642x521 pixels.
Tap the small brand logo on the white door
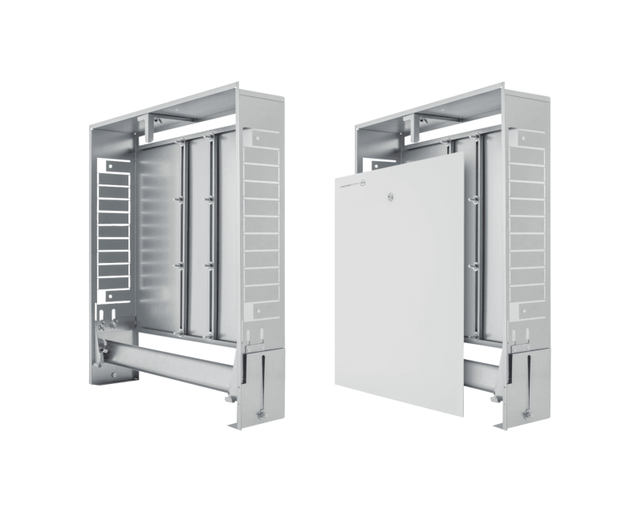click(363, 185)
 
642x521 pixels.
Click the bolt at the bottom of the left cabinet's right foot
click(260, 414)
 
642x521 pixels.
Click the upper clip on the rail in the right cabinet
click(473, 195)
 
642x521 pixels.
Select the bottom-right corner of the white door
click(463, 415)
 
